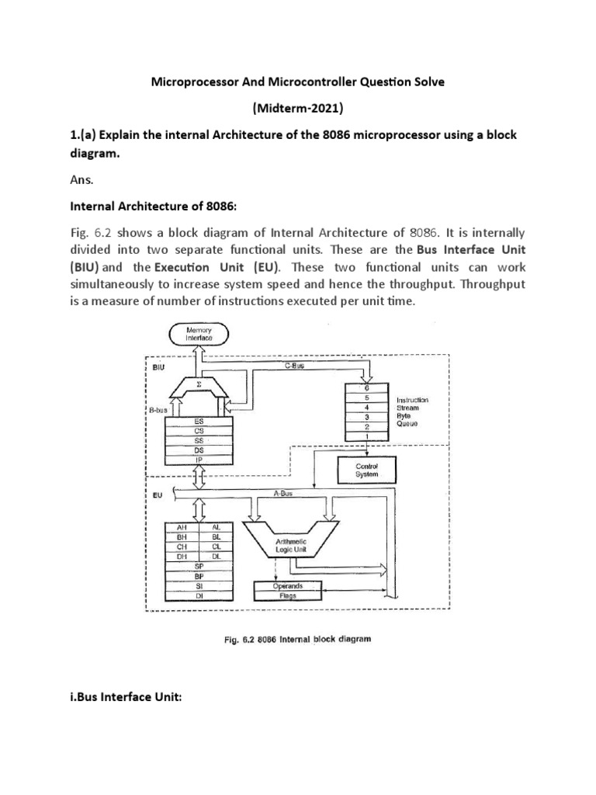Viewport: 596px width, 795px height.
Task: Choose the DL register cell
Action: (x=217, y=556)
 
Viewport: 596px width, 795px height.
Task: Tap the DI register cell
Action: (x=199, y=596)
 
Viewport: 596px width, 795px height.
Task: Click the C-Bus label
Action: (x=293, y=364)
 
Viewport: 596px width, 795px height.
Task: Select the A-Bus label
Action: (x=292, y=492)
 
